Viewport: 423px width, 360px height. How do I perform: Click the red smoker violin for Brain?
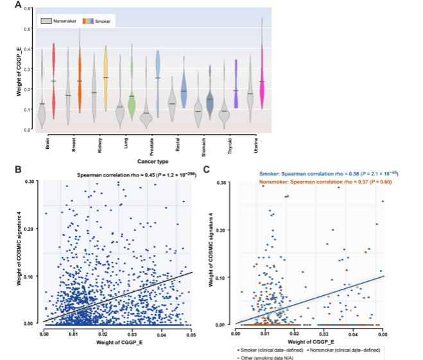pos(54,80)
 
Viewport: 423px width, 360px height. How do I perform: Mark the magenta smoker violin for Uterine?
pos(262,80)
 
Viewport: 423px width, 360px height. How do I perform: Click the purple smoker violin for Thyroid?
pos(236,83)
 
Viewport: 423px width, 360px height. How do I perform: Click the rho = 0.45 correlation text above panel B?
pos(134,174)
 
